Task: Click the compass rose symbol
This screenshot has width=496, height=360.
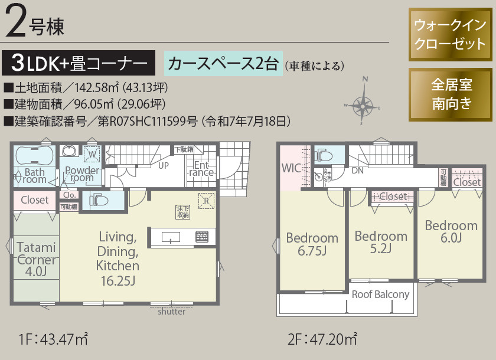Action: point(363,102)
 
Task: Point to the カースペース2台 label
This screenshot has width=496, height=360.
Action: point(223,64)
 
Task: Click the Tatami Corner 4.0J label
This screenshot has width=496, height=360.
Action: point(35,260)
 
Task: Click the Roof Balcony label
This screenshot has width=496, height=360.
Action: point(380,294)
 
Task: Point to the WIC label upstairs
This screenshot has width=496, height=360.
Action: point(291,168)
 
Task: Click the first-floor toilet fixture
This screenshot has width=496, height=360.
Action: point(97,199)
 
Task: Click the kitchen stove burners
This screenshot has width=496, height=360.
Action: point(202,237)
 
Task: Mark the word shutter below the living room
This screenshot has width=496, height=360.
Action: point(171,312)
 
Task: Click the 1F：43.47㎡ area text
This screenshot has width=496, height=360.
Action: point(53,340)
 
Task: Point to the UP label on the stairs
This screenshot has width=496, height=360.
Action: point(164,165)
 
